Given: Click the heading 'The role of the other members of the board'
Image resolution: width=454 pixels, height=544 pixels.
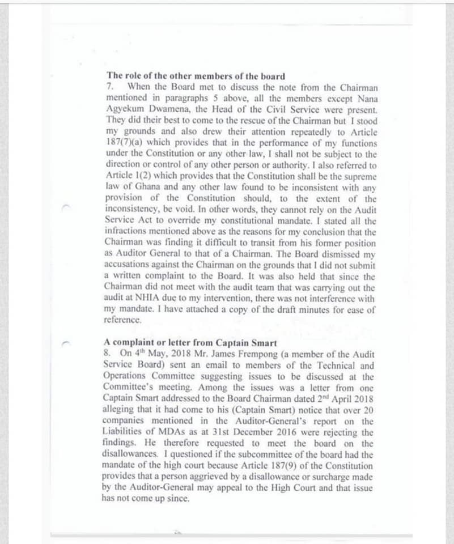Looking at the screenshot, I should click(x=196, y=76).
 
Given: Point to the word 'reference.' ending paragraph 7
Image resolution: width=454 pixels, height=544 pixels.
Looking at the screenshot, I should click(x=122, y=319).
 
